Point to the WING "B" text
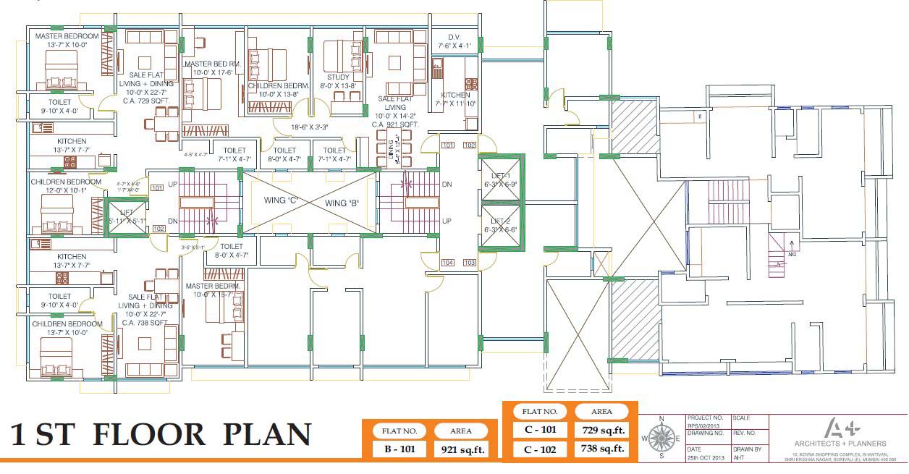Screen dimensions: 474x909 point(346,203)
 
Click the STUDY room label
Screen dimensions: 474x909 point(338,77)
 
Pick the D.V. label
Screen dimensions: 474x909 point(454,36)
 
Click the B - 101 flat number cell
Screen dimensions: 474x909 point(399,449)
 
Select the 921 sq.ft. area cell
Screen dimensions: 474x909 point(461,449)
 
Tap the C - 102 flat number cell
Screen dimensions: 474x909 point(540,449)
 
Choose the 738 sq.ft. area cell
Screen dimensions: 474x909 point(601,449)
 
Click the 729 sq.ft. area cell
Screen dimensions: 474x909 point(601,430)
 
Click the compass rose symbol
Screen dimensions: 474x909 point(661,437)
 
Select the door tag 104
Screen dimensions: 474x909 point(448,263)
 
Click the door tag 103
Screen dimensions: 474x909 point(470,263)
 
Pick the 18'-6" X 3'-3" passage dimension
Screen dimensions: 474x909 point(310,127)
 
